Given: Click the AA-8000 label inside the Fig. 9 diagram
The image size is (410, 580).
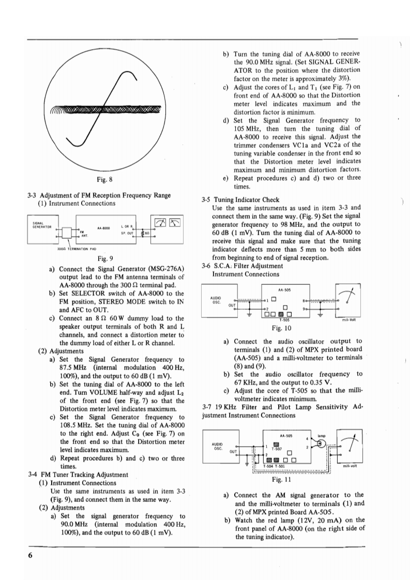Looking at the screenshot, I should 102,227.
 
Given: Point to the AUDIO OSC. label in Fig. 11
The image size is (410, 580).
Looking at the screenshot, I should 218,445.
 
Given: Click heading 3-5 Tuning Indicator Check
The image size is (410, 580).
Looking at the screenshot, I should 240,200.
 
